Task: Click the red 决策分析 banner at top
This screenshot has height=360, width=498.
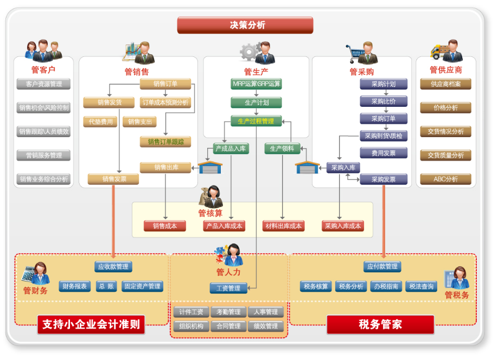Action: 245,25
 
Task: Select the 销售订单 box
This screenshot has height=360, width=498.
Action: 166,84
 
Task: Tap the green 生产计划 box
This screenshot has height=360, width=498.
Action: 256,102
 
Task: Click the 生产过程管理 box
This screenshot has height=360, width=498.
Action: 256,121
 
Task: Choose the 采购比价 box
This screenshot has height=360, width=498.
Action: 384,101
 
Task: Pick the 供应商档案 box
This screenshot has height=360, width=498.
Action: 445,84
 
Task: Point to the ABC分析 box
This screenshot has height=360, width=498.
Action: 445,179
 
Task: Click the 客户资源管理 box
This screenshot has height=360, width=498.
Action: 44,84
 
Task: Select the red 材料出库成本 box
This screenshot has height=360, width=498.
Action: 283,226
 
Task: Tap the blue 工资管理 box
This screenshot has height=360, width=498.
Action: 228,288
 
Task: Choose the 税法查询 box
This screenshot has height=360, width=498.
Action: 421,286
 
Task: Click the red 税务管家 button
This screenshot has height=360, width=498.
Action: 380,324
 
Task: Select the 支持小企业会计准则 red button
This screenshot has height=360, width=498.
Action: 91,325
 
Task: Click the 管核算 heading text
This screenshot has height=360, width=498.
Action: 210,214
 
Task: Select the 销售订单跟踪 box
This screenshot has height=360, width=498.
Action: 166,142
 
